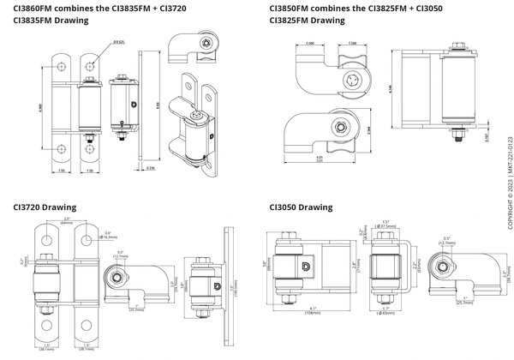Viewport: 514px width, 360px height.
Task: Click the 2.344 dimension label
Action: (368, 130)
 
